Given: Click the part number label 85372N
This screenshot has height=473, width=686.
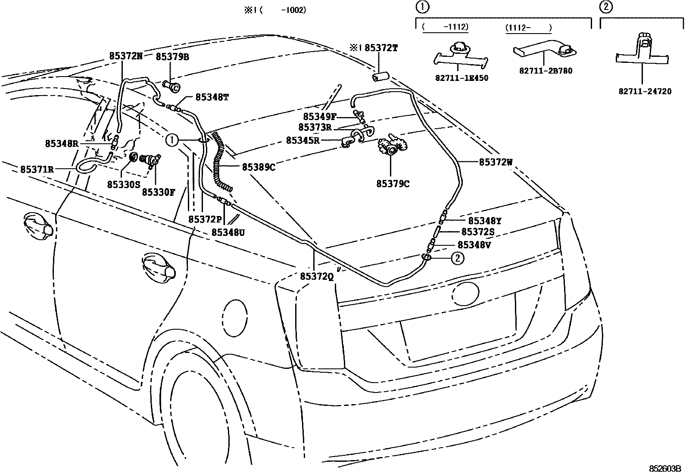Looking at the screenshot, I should click(x=126, y=56).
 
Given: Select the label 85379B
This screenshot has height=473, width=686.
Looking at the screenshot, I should click(x=172, y=57).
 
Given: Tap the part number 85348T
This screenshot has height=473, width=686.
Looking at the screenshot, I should click(x=212, y=97).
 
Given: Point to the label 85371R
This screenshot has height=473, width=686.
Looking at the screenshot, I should click(x=37, y=169).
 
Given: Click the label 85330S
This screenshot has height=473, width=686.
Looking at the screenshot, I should click(x=124, y=184).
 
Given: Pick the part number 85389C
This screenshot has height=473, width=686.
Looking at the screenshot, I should click(x=259, y=167).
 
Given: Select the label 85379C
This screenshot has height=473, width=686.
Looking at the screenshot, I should click(x=393, y=184).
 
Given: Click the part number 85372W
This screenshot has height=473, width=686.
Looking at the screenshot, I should click(x=496, y=162).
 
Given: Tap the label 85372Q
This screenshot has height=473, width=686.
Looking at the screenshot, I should click(x=317, y=277).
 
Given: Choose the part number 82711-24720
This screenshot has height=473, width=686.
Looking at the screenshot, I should click(x=645, y=92).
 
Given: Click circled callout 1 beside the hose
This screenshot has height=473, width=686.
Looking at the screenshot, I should click(x=171, y=139).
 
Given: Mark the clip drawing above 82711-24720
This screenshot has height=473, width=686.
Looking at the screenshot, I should click(x=642, y=52).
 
